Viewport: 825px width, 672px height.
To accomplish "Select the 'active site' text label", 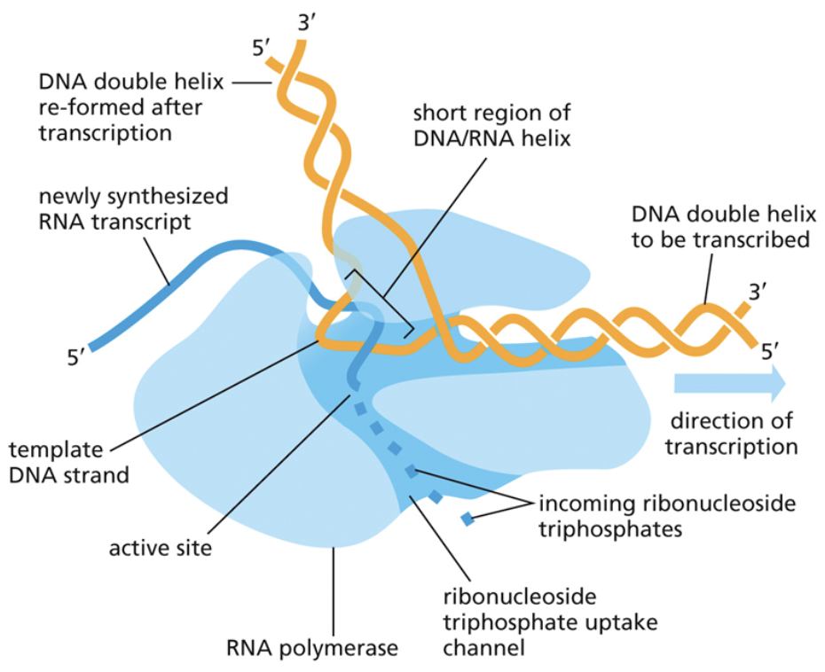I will (x=161, y=548).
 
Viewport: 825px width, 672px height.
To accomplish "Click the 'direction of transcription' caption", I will (x=733, y=434).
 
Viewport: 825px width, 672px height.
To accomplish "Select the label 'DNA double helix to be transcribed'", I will (x=719, y=227).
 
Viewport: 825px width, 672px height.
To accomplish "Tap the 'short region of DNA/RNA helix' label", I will (x=491, y=126).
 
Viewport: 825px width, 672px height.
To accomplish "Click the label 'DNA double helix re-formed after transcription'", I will (x=121, y=107).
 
